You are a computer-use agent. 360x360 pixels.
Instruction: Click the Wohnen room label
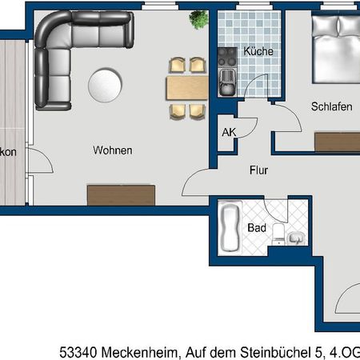[112, 150]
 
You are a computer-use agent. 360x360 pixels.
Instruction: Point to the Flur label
[258, 170]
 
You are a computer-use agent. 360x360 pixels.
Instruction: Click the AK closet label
[229, 132]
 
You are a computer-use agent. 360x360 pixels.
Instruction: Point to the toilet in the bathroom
[277, 234]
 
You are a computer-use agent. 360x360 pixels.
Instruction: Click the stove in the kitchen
[225, 57]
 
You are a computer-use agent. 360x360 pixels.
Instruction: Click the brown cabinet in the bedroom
[336, 142]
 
